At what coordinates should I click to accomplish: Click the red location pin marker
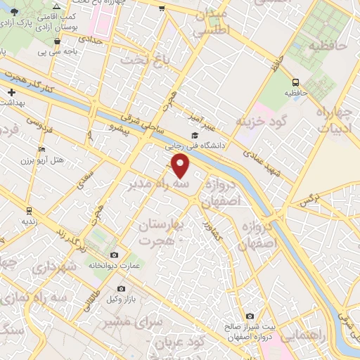181,166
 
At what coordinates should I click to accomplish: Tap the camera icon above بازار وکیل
121,289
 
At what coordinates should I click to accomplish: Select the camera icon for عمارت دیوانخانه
114,255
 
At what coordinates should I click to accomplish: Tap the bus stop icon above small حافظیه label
296,81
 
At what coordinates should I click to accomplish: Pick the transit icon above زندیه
29,210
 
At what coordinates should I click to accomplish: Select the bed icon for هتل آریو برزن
42,150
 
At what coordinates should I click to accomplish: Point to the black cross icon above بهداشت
12,92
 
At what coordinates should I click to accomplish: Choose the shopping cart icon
163,8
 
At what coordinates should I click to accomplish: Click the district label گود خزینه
263,121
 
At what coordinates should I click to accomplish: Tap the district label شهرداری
53,268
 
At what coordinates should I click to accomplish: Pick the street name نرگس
305,202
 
